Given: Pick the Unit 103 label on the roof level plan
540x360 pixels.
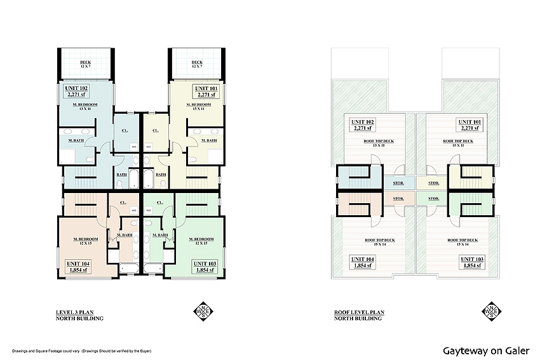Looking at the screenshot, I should pos(472,260).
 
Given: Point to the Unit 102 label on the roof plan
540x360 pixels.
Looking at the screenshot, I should pos(359,121).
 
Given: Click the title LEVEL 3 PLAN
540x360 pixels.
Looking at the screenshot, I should pos(74,313).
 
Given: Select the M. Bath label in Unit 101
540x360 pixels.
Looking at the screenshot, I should pos(208,140).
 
